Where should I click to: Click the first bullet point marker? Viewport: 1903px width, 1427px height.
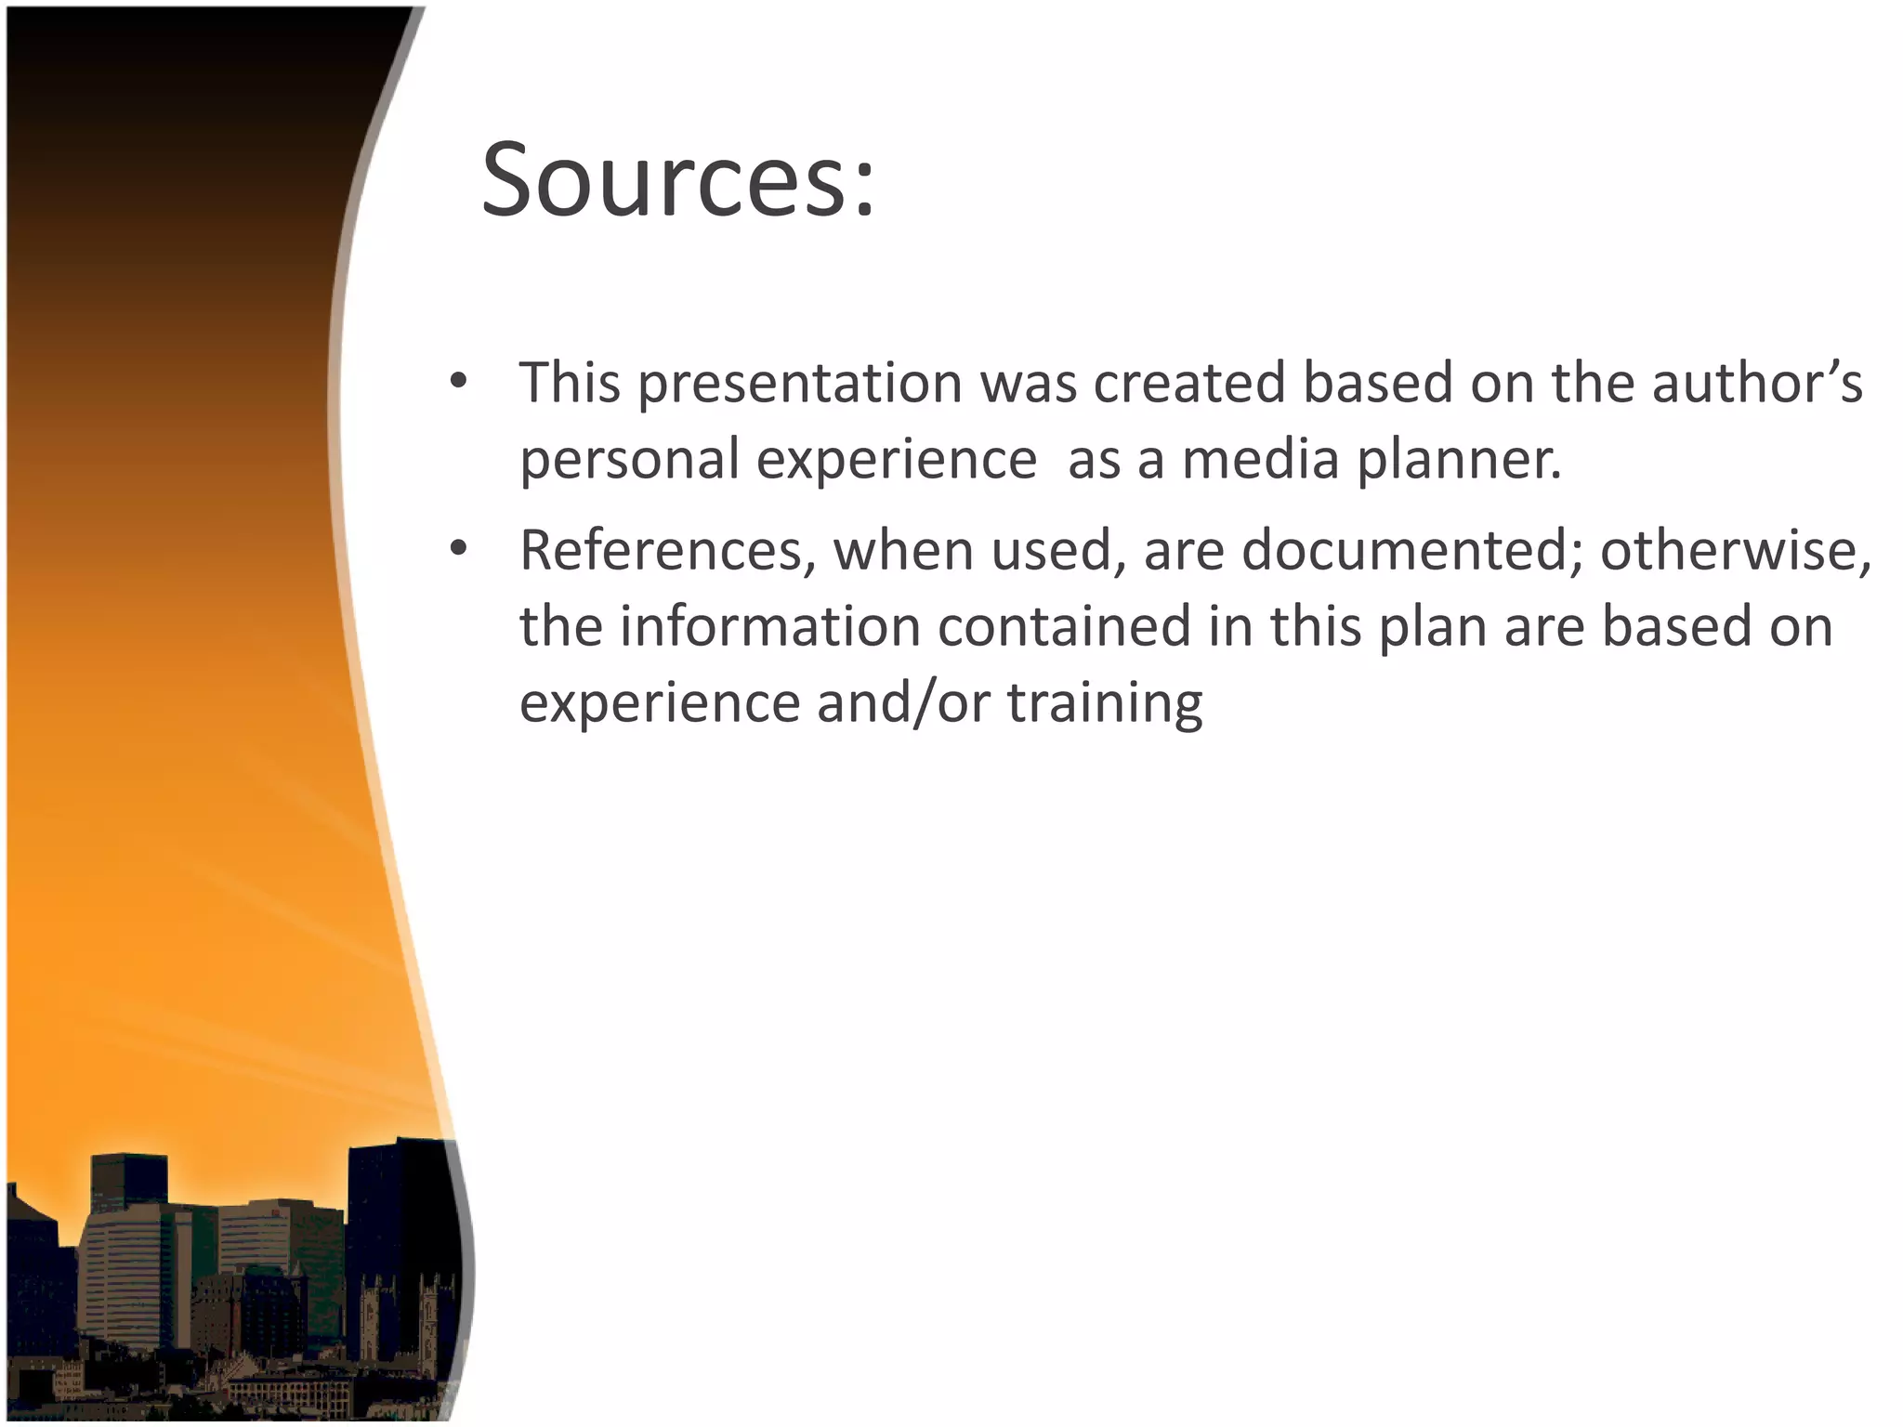(x=457, y=381)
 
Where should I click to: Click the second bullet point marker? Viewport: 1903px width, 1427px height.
(x=457, y=549)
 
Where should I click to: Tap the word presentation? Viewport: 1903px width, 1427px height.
(x=799, y=383)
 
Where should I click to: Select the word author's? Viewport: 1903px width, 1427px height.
(x=1756, y=383)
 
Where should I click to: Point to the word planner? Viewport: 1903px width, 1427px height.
(x=1459, y=459)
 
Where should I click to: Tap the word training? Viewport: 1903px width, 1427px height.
(x=1105, y=702)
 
